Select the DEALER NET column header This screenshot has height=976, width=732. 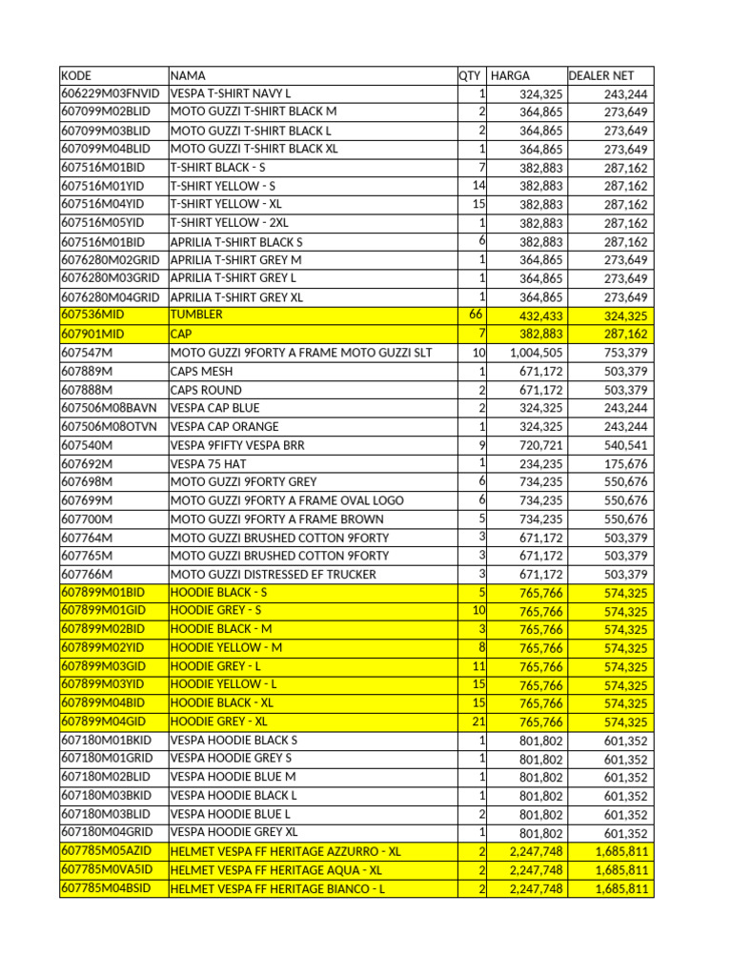[x=600, y=75]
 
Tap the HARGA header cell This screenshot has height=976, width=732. [x=510, y=75]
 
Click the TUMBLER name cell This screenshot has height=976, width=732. [x=196, y=315]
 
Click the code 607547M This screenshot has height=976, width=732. [x=87, y=353]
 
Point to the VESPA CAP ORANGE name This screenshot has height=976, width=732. [x=224, y=426]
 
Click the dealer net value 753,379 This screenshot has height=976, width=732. [x=625, y=353]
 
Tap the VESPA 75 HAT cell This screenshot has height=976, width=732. [x=204, y=463]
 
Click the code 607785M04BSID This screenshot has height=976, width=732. [x=106, y=888]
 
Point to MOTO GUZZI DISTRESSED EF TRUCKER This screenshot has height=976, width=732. [x=273, y=574]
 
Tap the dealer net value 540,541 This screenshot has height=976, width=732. [x=625, y=445]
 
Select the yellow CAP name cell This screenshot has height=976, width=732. [x=181, y=334]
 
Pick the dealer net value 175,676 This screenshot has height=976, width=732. [x=625, y=463]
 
